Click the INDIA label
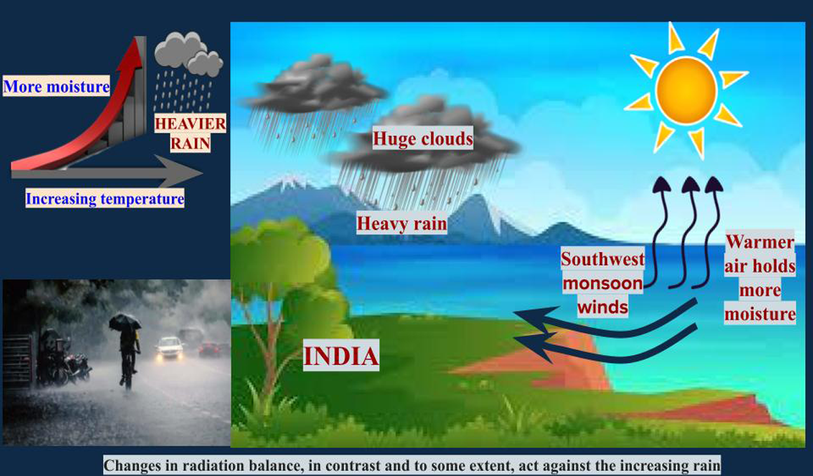pyautogui.click(x=341, y=356)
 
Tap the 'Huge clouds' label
pyautogui.click(x=423, y=138)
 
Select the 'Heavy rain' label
pyautogui.click(x=401, y=223)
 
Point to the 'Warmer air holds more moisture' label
pyautogui.click(x=760, y=278)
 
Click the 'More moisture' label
pyautogui.click(x=57, y=86)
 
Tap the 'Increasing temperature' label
pyautogui.click(x=105, y=199)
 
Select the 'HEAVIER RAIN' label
pyautogui.click(x=191, y=133)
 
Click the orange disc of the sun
pyautogui.click(x=686, y=90)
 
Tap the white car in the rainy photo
pyautogui.click(x=170, y=347)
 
